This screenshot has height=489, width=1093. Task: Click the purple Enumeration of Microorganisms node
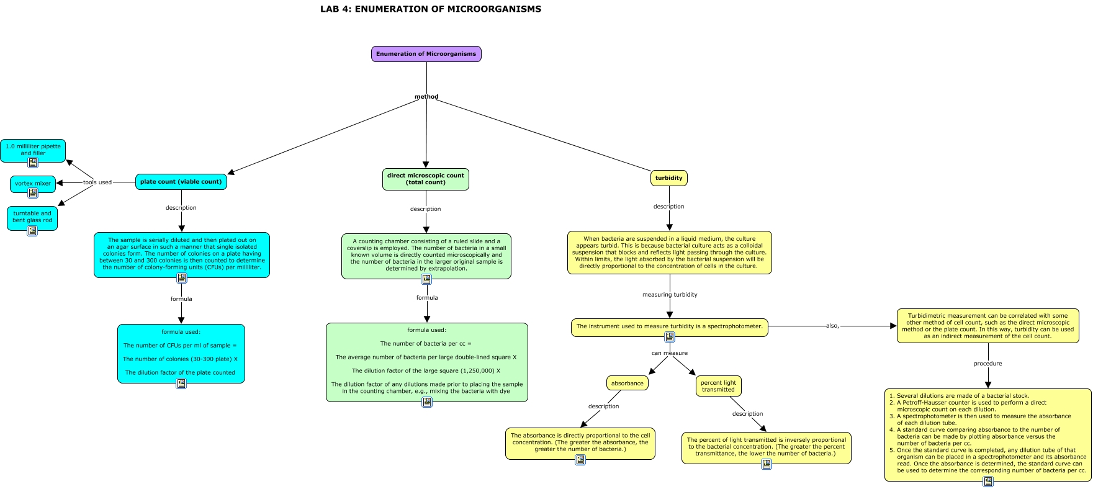click(426, 54)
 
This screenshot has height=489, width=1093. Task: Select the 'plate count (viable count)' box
click(181, 182)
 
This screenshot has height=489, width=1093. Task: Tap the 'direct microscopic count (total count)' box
click(425, 179)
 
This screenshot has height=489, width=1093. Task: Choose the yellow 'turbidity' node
click(668, 178)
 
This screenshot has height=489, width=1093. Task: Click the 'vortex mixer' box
click(33, 183)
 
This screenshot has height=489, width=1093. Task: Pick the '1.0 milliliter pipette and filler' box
click(33, 150)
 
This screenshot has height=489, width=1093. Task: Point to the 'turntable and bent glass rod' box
click(32, 217)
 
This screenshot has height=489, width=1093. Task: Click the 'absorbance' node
click(627, 384)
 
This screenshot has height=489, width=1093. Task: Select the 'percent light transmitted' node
click(718, 386)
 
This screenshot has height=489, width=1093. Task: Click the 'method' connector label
click(426, 97)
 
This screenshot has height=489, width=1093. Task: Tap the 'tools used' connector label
click(97, 182)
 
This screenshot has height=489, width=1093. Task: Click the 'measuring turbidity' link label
click(669, 295)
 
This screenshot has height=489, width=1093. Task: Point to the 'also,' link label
click(832, 326)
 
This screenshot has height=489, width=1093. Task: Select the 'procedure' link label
click(987, 364)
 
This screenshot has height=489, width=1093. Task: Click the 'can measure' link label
click(669, 353)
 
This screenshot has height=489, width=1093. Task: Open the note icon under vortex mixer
click(33, 193)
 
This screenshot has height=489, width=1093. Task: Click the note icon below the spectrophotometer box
click(670, 337)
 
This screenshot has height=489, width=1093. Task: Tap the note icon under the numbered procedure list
click(988, 481)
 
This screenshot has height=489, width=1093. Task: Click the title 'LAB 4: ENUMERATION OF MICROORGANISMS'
click(430, 9)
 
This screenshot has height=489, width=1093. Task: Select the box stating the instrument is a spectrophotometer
click(669, 326)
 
